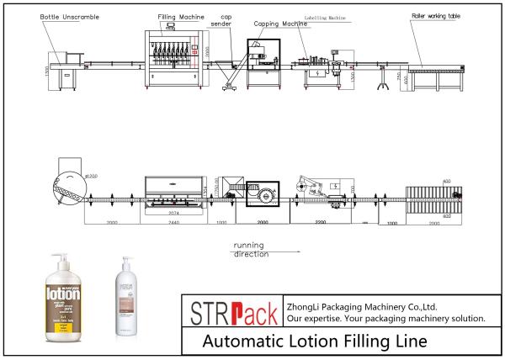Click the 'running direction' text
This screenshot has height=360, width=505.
click(251, 249)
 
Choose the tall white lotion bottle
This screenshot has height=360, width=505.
click(131, 299)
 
